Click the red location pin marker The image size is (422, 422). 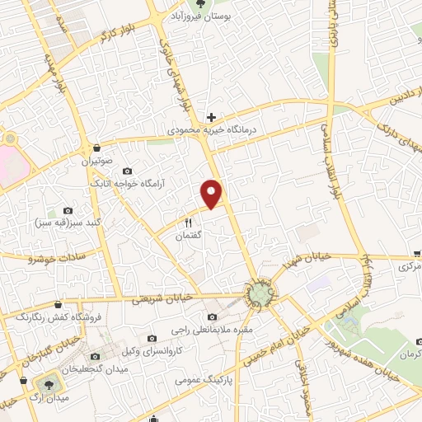213,193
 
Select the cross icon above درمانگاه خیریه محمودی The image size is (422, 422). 212,118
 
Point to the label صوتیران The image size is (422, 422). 96,162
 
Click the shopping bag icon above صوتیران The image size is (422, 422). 97,148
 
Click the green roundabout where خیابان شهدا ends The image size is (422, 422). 260,294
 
